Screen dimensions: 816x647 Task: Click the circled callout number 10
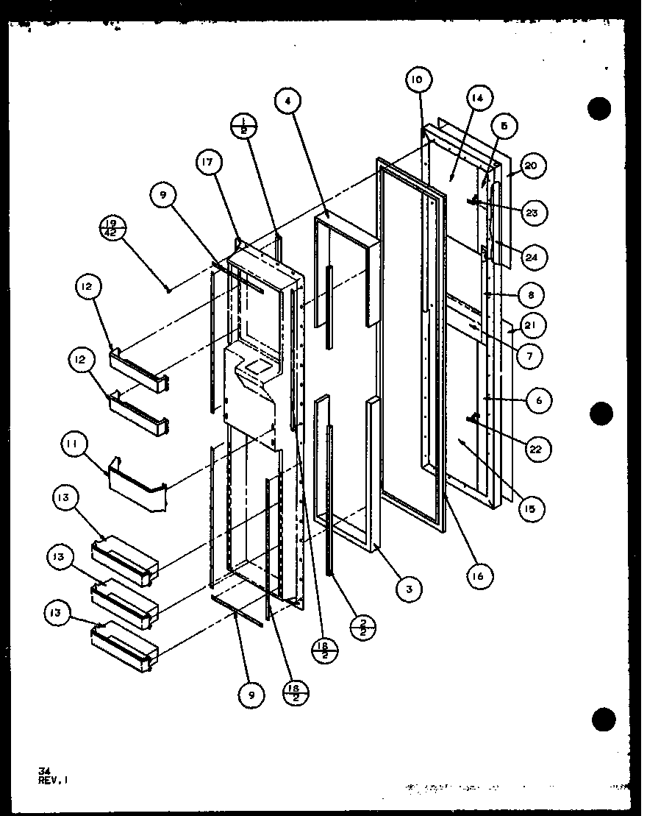pos(418,79)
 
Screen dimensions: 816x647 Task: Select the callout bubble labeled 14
pos(479,98)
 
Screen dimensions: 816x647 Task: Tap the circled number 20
pos(531,167)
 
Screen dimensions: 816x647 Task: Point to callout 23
pos(532,213)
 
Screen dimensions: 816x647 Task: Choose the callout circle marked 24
pos(532,258)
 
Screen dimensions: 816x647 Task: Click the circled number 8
pos(531,295)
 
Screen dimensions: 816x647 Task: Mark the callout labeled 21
pos(531,324)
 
